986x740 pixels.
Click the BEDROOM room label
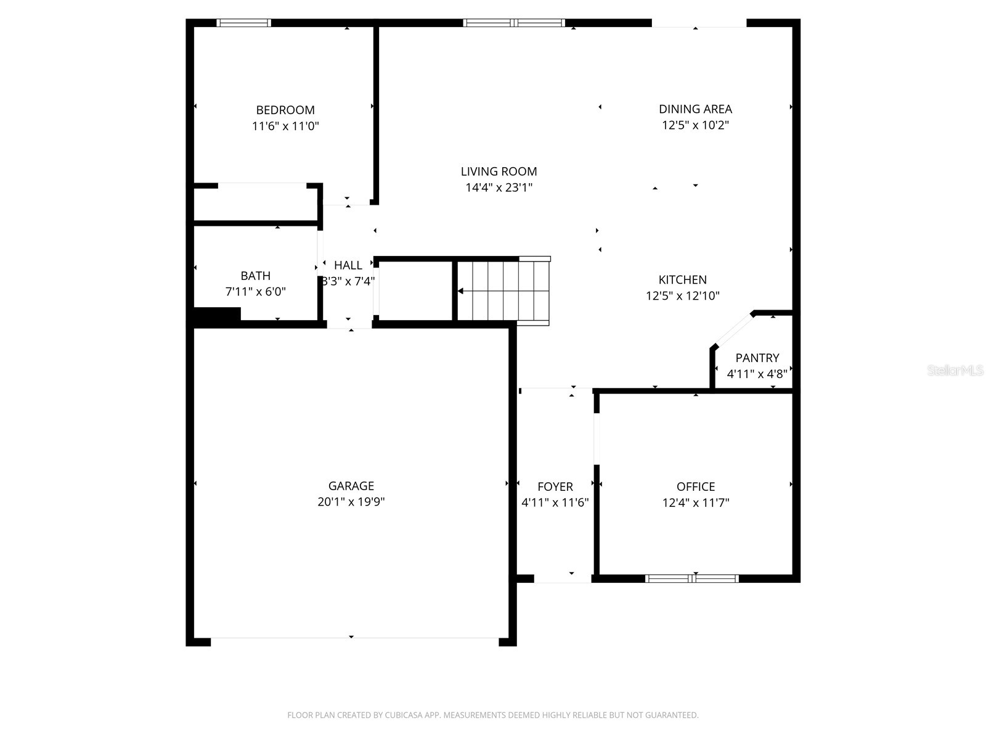point(285,110)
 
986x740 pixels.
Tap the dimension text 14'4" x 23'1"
point(499,187)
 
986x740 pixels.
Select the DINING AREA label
point(695,109)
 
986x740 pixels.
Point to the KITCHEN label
point(682,280)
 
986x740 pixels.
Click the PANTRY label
point(757,358)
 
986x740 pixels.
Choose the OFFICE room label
point(695,487)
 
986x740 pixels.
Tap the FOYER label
point(555,487)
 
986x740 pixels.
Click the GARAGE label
point(351,486)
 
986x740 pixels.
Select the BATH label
point(255,276)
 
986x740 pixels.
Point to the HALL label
point(348,265)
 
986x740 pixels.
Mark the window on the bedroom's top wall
point(243,23)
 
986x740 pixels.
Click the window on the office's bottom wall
point(691,578)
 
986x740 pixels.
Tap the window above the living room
point(514,23)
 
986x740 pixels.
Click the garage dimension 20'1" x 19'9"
point(351,502)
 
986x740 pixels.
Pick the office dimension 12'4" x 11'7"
point(695,503)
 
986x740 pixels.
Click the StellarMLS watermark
point(955,371)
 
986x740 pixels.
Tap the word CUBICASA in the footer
point(404,715)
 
